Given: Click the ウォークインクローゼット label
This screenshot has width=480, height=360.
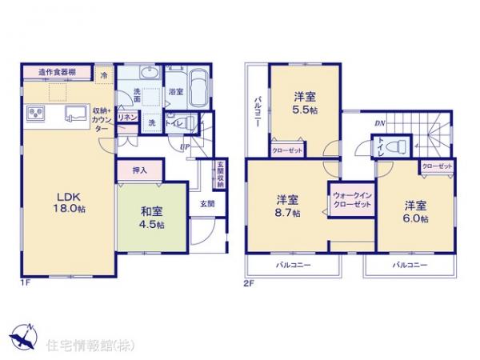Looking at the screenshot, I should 352,200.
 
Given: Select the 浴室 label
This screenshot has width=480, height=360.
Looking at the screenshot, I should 175,93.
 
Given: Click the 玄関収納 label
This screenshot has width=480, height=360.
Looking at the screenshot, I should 219,175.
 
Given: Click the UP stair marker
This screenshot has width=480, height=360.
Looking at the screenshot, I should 185,147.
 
